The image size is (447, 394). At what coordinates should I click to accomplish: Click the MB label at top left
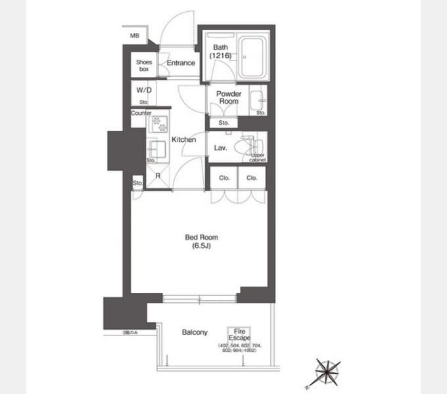134,35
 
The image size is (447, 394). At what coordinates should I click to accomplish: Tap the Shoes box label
144,65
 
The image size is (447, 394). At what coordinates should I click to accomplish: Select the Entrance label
181,63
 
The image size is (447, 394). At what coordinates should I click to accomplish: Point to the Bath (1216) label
220,52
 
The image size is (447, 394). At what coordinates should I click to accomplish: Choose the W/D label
143,90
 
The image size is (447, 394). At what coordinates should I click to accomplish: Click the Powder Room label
229,98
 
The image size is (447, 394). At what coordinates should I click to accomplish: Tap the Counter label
141,113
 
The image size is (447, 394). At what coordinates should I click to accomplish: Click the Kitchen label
184,139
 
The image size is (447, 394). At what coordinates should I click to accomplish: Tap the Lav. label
221,148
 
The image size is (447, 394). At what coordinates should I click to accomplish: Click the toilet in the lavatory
252,144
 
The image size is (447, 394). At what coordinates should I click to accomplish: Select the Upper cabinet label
257,158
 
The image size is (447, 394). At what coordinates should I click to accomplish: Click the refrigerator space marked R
158,176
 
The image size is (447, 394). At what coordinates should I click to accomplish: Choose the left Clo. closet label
224,177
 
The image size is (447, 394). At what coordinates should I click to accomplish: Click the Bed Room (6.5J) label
201,242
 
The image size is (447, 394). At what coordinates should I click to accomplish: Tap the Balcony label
195,332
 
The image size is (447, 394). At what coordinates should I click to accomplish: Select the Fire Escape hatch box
235,334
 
